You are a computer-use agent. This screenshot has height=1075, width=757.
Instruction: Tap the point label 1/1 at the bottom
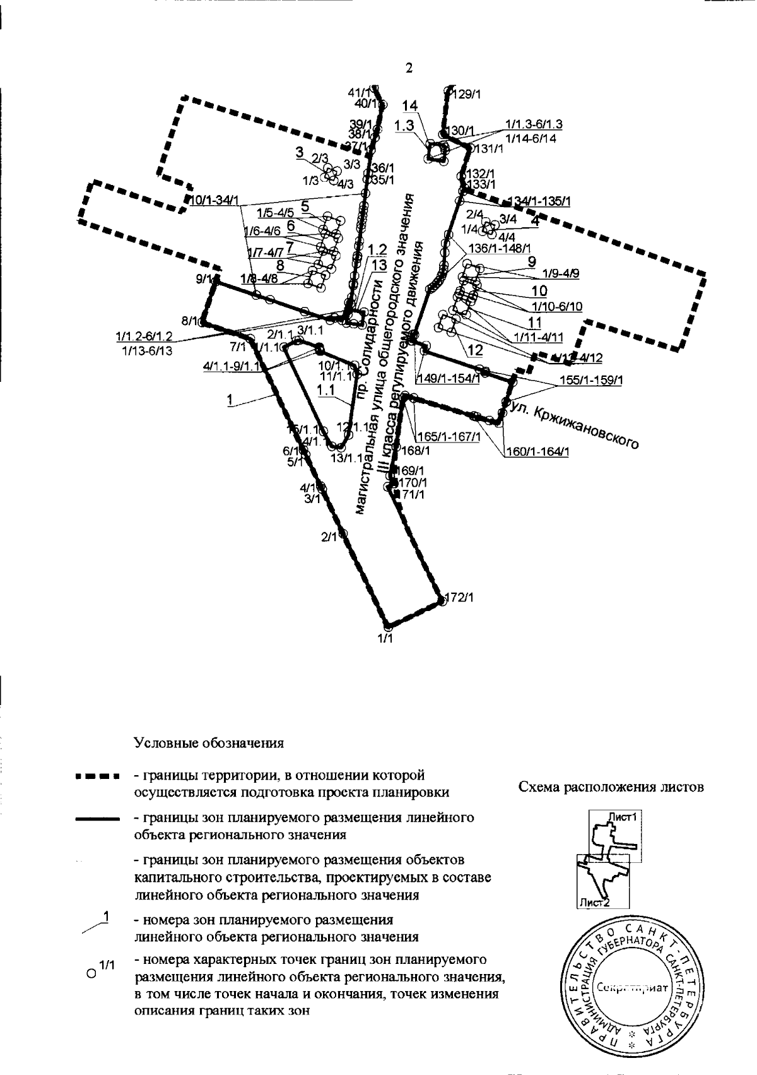tap(385, 639)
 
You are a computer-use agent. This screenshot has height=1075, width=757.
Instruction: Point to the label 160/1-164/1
tap(537, 451)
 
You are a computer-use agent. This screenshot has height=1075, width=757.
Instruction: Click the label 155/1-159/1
tap(591, 381)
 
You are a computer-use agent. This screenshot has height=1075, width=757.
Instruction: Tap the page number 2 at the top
tap(409, 68)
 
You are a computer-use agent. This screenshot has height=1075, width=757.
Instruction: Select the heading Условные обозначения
tap(209, 742)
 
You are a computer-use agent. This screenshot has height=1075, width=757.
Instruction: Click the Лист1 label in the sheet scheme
tap(624, 816)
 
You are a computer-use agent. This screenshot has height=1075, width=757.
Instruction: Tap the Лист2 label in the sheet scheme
tap(594, 903)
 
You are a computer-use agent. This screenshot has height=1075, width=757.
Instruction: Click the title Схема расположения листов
tap(611, 787)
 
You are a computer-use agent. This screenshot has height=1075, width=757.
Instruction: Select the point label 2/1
tap(329, 537)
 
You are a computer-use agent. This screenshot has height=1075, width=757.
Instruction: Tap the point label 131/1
tap(489, 149)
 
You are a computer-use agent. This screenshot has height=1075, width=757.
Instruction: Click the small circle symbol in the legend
tap(91, 973)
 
